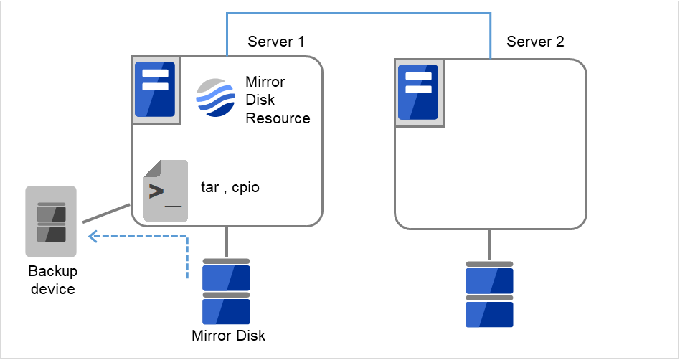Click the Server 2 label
[x=535, y=42]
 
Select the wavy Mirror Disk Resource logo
[x=216, y=97]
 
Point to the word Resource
[x=278, y=118]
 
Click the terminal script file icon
[x=166, y=190]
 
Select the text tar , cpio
[x=230, y=189]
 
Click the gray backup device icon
[x=51, y=222]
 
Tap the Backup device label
[x=52, y=280]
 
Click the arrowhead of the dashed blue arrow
[x=90, y=236]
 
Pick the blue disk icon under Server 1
[x=227, y=292]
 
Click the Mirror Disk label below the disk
[x=228, y=335]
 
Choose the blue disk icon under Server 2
[x=489, y=294]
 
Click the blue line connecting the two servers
[x=359, y=13]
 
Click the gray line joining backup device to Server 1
[x=106, y=214]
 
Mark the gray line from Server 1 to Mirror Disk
[x=227, y=242]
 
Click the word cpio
[x=245, y=189]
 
